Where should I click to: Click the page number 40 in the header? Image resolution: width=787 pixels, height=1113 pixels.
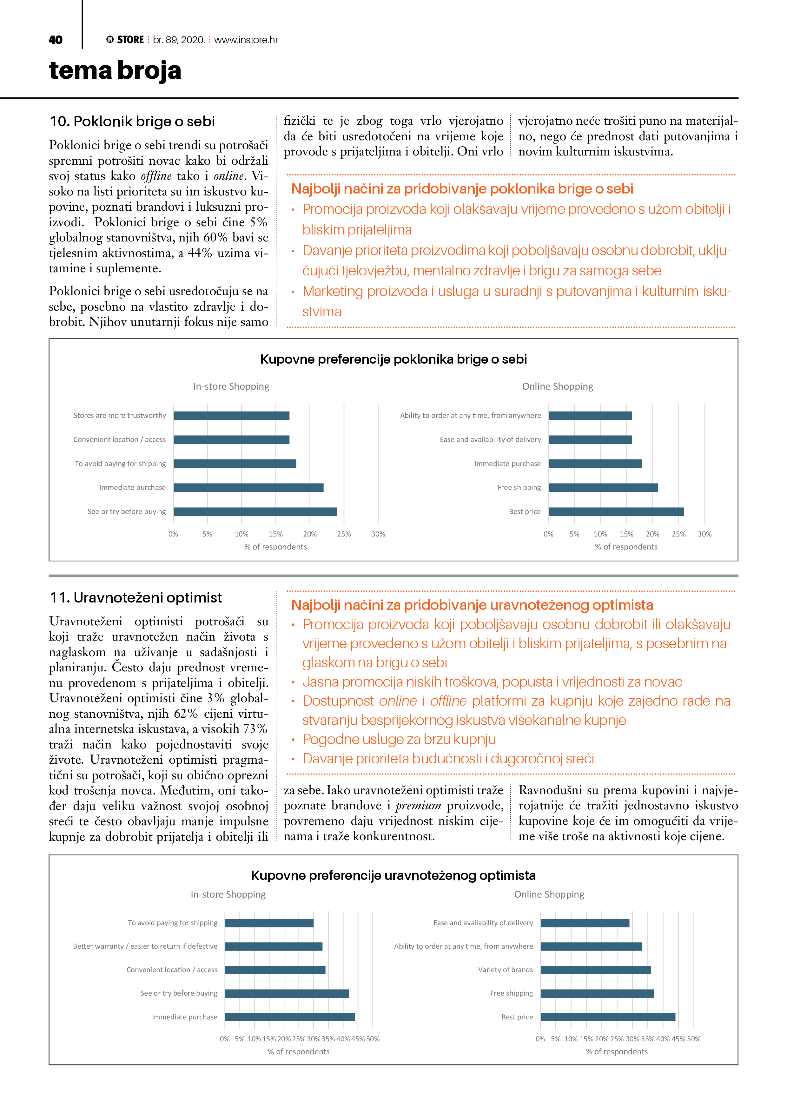[x=56, y=40]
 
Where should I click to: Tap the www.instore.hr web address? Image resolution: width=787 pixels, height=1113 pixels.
[x=246, y=40]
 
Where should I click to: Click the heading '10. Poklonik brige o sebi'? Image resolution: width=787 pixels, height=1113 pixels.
[x=132, y=121]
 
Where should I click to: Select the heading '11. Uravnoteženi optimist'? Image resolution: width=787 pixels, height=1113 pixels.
[x=136, y=598]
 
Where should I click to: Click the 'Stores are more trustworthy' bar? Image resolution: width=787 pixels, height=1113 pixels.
[x=231, y=415]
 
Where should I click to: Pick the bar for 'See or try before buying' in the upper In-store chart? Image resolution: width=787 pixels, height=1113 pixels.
[x=255, y=511]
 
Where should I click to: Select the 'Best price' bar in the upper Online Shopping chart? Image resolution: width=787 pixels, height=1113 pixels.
[x=616, y=511]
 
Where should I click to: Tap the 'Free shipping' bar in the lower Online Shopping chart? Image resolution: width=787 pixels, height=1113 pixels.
[x=597, y=993]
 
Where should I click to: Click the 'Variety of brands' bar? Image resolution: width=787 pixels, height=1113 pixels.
[x=595, y=970]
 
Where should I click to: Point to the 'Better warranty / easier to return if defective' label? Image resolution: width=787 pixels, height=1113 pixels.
[x=145, y=946]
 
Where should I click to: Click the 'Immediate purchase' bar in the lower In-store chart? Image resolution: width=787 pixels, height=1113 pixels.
[x=289, y=1017]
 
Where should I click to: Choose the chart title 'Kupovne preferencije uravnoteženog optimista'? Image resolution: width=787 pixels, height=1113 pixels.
[x=393, y=875]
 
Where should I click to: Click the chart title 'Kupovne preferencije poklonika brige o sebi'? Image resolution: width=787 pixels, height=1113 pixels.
[x=393, y=359]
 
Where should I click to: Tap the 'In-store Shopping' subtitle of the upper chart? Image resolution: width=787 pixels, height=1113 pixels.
[x=231, y=386]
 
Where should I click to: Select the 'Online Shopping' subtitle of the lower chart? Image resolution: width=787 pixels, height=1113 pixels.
[x=549, y=894]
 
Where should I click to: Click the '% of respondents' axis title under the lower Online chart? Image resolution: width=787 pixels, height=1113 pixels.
[x=616, y=1051]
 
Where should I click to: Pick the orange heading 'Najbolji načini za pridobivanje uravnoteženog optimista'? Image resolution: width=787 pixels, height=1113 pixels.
[x=472, y=605]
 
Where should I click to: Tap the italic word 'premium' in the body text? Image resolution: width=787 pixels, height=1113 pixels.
[x=418, y=806]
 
